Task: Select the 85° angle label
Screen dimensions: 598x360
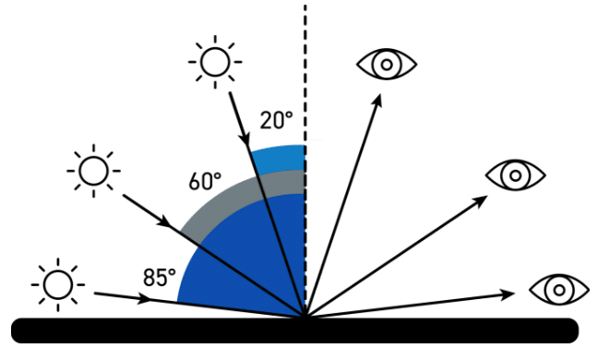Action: pos(160,276)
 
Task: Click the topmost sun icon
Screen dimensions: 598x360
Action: pos(215,63)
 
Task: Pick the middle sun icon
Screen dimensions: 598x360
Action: pos(93,171)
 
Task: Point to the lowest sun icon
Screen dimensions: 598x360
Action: pos(57,284)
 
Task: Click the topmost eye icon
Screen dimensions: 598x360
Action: pos(387,64)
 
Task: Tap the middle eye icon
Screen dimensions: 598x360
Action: pos(515,174)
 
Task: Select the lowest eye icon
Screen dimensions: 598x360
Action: pos(558,289)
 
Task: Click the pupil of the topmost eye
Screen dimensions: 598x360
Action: pos(387,64)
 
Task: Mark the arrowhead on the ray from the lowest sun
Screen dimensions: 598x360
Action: pos(146,300)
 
